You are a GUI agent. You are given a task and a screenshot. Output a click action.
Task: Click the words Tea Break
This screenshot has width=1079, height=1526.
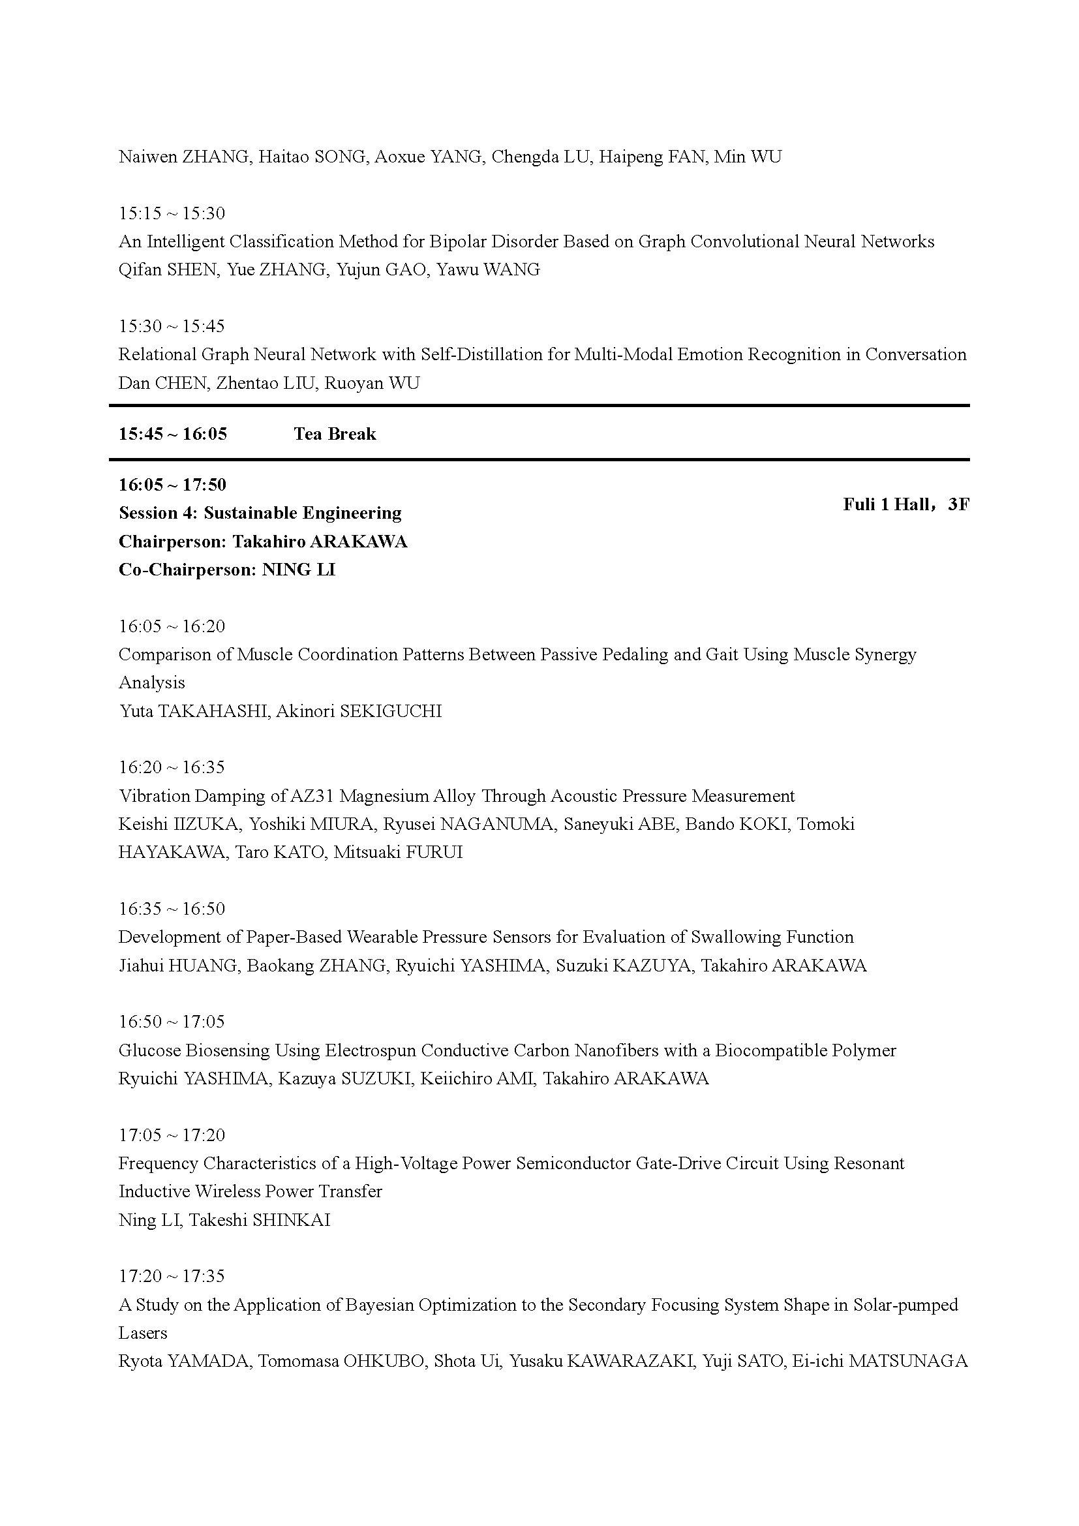pos(335,434)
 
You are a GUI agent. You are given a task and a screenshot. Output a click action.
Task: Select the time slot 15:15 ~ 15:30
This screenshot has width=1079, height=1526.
pos(172,213)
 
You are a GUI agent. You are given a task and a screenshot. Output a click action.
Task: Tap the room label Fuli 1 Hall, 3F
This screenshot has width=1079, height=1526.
pos(905,504)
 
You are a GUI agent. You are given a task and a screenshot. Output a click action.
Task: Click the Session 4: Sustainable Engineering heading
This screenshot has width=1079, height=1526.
pos(260,513)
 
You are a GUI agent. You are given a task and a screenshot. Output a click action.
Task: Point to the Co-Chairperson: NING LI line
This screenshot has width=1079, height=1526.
pos(226,570)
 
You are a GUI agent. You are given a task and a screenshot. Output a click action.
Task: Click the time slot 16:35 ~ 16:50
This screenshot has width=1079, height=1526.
pos(172,909)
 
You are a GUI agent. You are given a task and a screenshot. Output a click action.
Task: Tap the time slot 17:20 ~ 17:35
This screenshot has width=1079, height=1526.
pos(172,1276)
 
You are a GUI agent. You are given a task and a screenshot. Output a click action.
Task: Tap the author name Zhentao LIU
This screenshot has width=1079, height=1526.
pos(265,383)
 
